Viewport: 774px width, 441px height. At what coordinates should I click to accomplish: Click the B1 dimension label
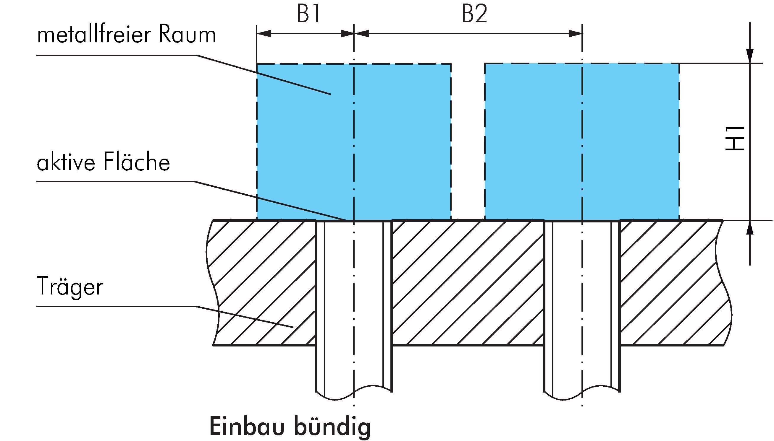coord(308,14)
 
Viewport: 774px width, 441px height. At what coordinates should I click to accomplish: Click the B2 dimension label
coord(474,14)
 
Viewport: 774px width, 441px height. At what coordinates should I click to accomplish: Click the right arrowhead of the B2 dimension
coord(576,34)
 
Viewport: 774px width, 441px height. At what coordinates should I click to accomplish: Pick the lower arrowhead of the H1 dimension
coord(750,227)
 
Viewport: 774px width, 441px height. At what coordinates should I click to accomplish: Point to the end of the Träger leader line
coord(293,327)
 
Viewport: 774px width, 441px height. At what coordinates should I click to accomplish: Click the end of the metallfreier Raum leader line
coord(330,95)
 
